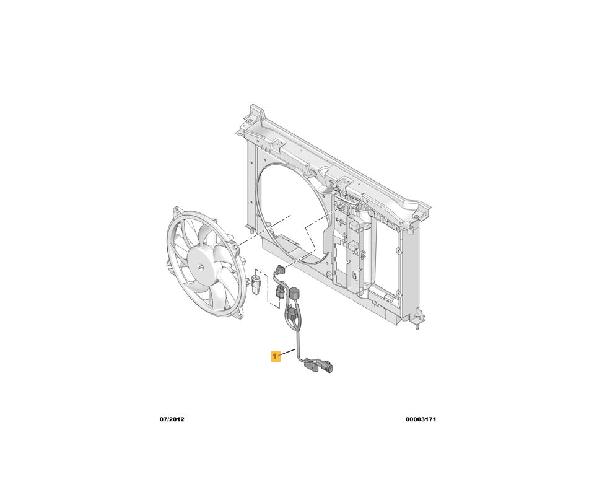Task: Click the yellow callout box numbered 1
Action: click(x=276, y=356)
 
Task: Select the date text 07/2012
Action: click(x=172, y=419)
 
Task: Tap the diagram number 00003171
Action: click(x=421, y=419)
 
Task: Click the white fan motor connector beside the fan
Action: click(x=256, y=284)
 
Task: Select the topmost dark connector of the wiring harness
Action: click(x=280, y=270)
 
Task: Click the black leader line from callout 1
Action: click(x=288, y=353)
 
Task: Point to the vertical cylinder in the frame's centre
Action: click(x=364, y=251)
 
